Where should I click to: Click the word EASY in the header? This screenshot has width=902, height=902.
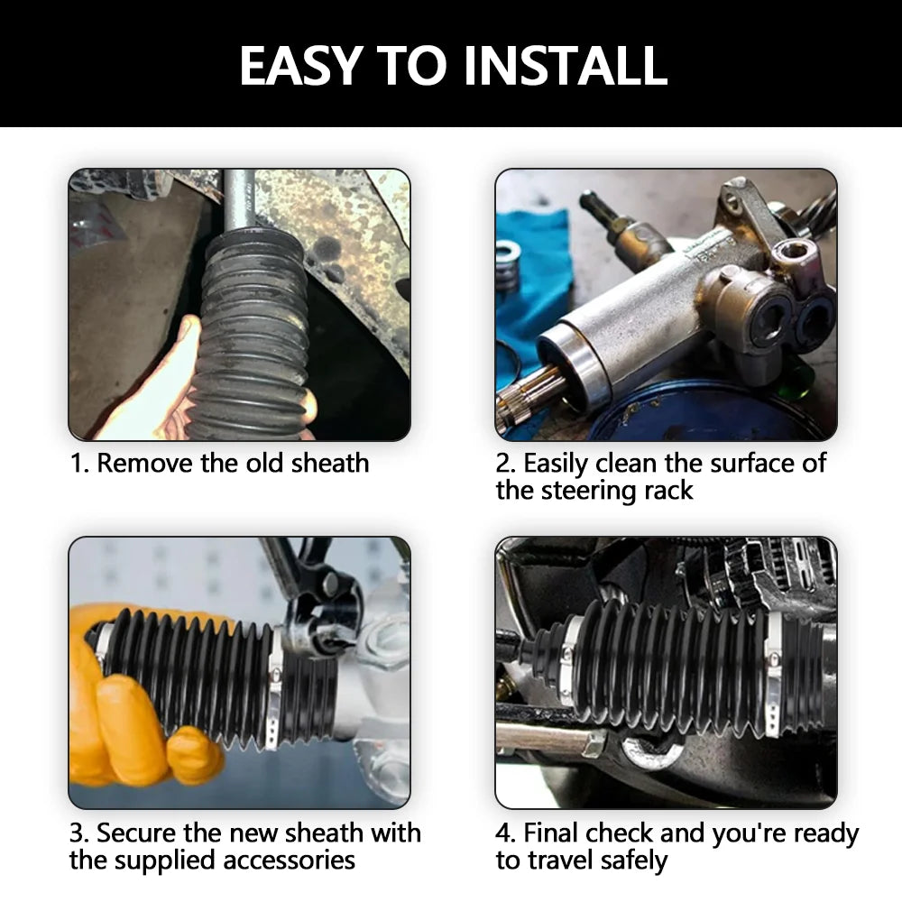coord(300,66)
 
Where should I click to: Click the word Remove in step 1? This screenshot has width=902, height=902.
coord(144,463)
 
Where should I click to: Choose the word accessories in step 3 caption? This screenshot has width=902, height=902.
coord(289,861)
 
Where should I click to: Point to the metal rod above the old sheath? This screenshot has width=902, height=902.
coord(238,199)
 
